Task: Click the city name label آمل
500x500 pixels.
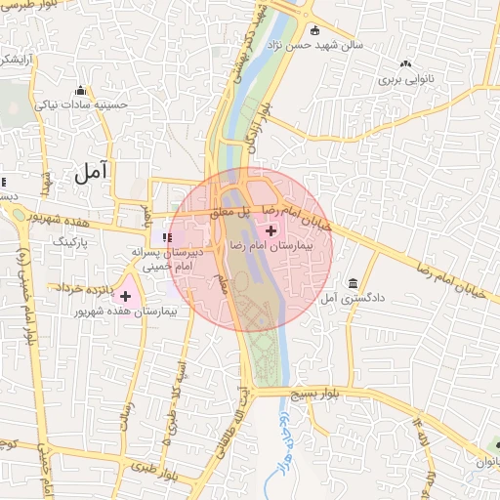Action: coord(90,173)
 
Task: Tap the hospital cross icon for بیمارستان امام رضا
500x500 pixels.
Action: coord(271,231)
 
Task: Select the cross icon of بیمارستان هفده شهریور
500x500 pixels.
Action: coord(125,295)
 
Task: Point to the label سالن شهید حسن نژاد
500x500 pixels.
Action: coord(356,44)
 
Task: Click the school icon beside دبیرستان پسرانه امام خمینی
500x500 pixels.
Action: coord(168,236)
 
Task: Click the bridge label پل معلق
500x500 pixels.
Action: coord(234,211)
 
